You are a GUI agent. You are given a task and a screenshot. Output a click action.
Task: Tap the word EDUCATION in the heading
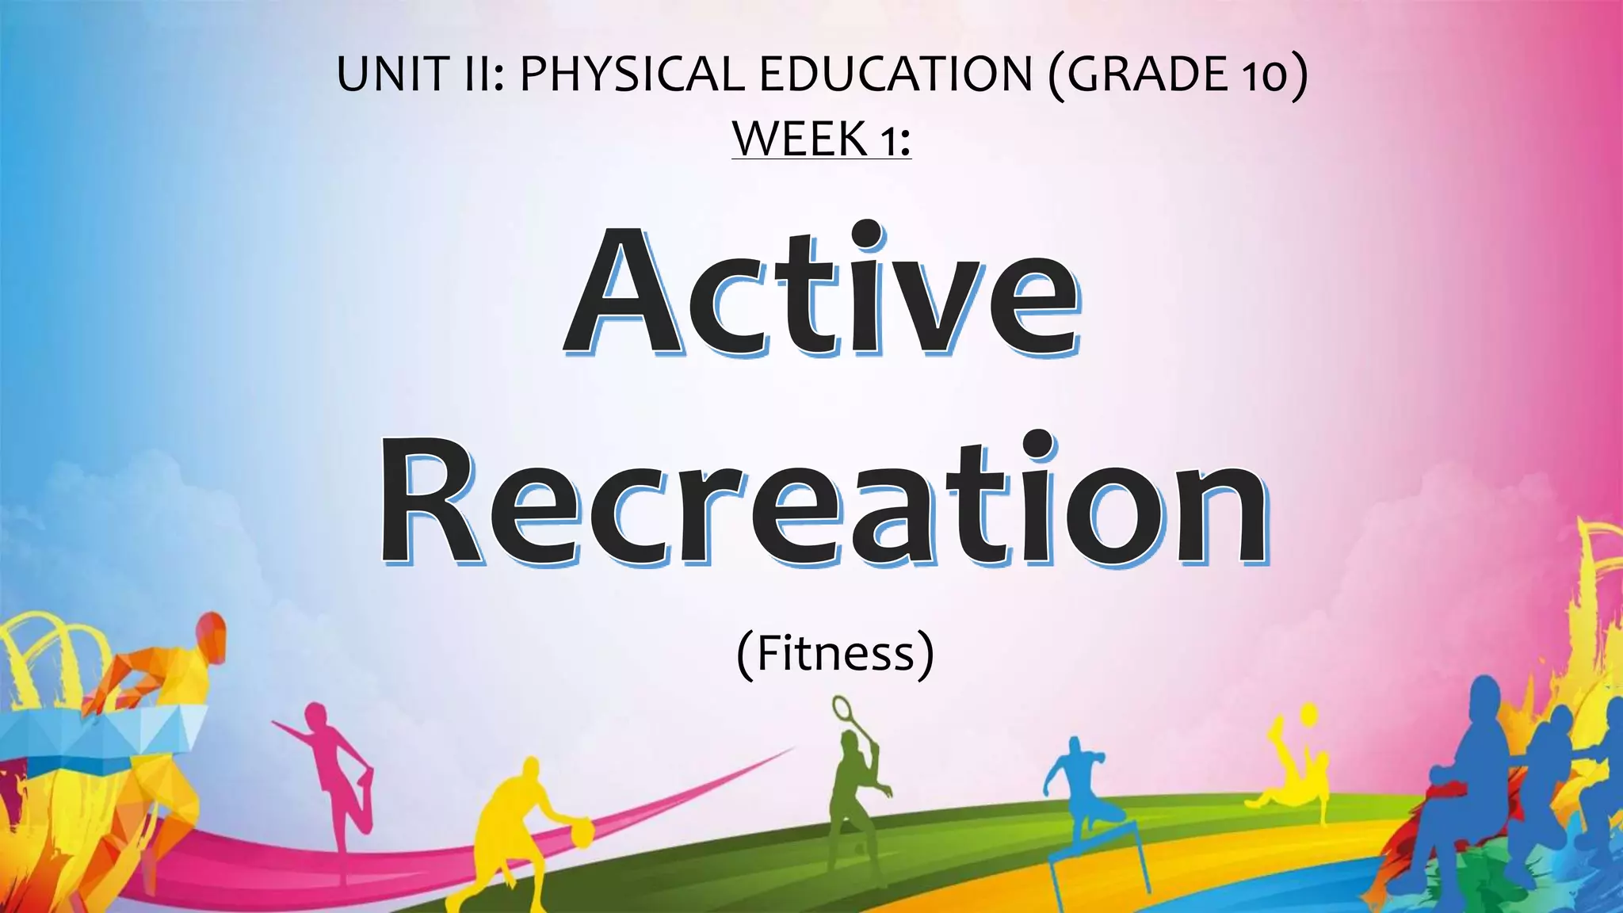(896, 74)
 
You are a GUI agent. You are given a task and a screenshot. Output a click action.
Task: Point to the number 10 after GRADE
(1266, 76)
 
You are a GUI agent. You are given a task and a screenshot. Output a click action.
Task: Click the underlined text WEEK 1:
(821, 139)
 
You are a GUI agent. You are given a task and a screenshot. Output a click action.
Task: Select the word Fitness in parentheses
(835, 654)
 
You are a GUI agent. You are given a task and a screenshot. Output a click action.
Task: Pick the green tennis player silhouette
(852, 800)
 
